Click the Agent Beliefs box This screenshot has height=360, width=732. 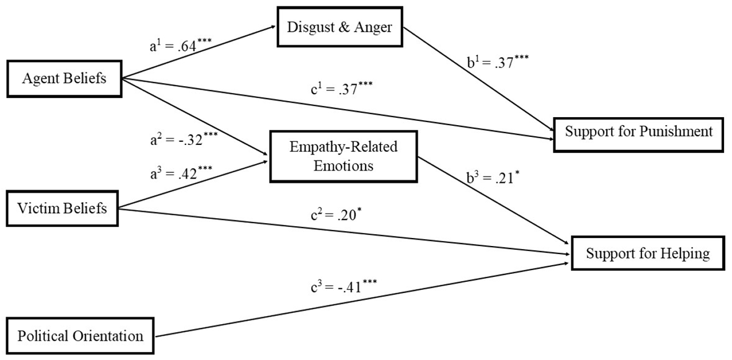coord(64,79)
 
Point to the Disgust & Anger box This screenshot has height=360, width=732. coord(340,27)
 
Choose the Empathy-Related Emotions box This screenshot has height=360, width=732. coord(344,157)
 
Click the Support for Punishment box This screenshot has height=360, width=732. coord(639,132)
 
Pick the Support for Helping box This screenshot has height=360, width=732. coord(648,254)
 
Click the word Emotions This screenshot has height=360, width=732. coord(343,166)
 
